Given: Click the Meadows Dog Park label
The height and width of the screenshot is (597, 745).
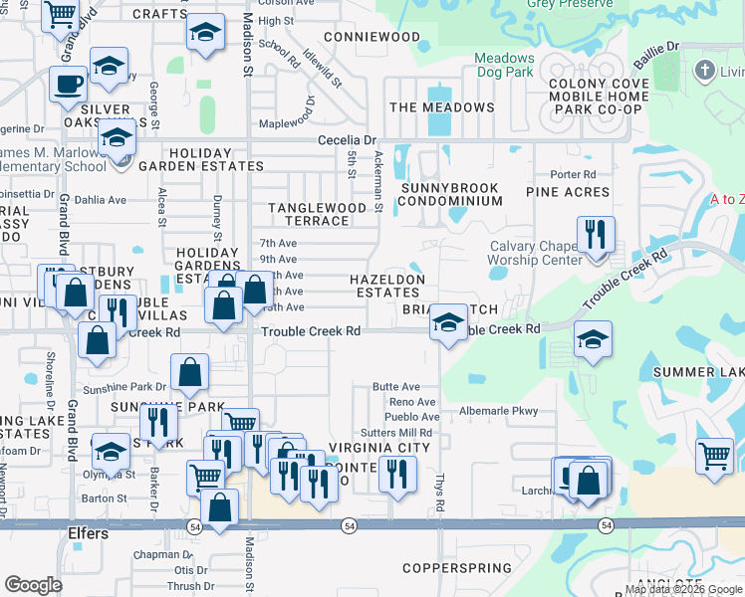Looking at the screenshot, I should tap(504, 65).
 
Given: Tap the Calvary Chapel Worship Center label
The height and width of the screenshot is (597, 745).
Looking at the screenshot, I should tap(535, 254).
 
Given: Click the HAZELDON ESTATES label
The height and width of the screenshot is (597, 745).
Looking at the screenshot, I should tap(385, 287).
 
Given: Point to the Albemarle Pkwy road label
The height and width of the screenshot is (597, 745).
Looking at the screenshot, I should tap(498, 411).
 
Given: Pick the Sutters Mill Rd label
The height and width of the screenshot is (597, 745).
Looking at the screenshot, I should tap(395, 433).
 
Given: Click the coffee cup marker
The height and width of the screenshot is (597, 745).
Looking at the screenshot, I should tap(69, 85).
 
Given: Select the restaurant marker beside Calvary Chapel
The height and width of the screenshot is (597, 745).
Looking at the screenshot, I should tap(596, 236).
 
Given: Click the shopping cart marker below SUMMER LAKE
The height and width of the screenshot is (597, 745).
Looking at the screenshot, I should tap(714, 456).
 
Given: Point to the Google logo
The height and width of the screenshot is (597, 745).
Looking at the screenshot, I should tap(34, 585).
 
